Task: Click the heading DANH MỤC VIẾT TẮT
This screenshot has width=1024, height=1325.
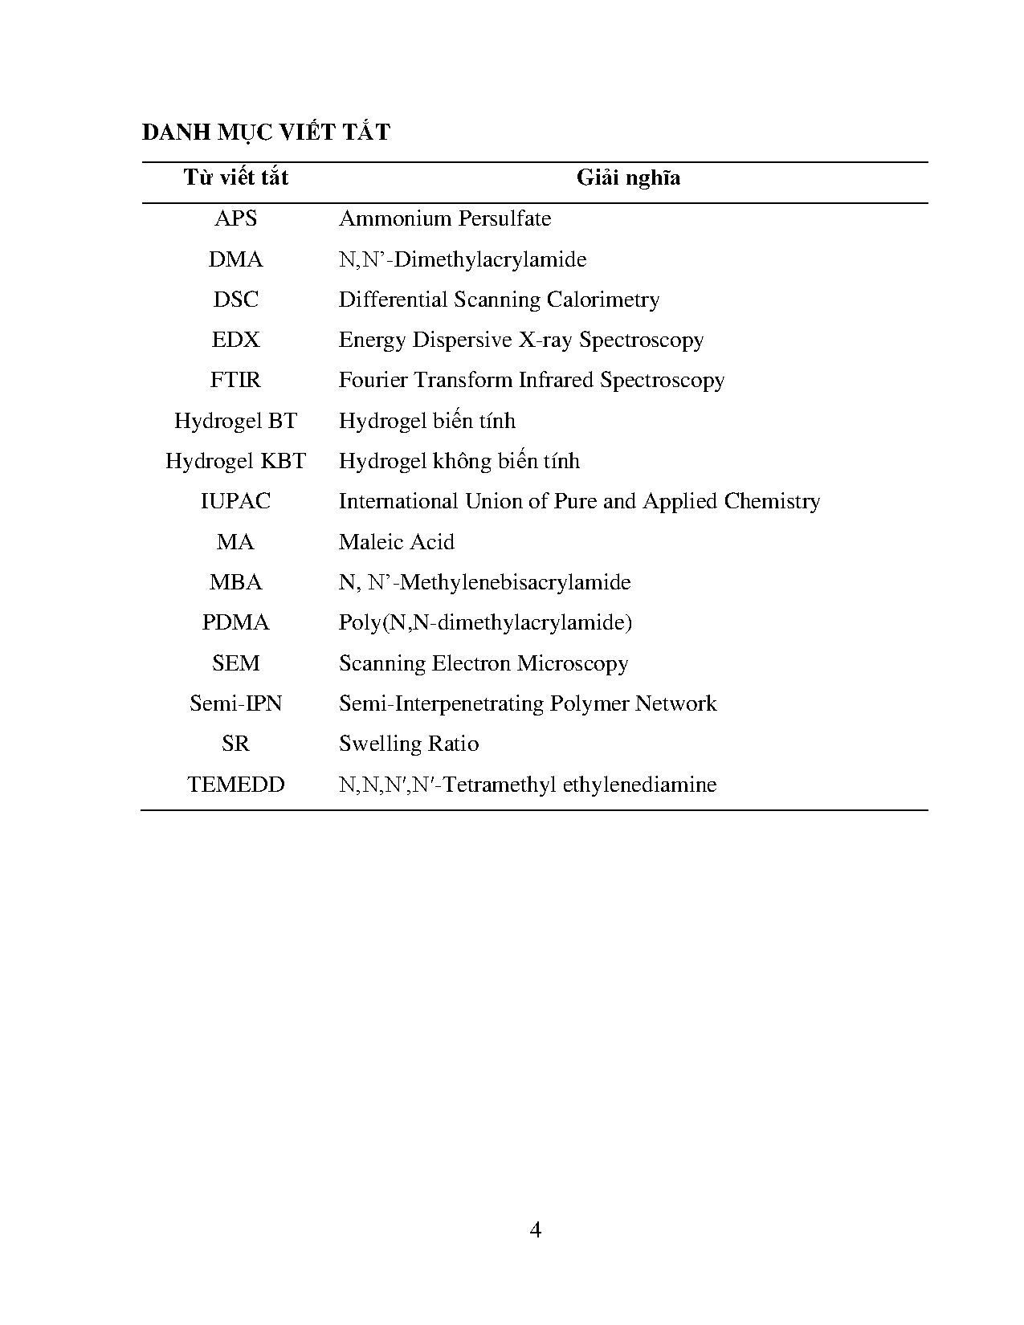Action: (x=266, y=132)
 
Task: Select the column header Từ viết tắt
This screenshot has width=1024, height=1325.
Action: (x=235, y=177)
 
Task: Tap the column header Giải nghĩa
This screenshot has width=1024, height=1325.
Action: (x=628, y=177)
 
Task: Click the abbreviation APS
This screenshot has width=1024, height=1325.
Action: (x=235, y=218)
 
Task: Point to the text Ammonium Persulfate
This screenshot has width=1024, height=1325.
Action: (x=445, y=218)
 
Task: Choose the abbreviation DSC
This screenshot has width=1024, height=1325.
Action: (x=235, y=300)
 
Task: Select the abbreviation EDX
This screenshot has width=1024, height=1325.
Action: (x=235, y=340)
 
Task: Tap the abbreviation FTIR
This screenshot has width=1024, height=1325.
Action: (x=235, y=380)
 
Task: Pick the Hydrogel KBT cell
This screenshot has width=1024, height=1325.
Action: (x=235, y=461)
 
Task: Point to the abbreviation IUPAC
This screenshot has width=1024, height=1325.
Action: (x=235, y=501)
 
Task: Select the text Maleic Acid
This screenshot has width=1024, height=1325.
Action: (x=397, y=542)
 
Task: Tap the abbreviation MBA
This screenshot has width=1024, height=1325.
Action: (x=235, y=582)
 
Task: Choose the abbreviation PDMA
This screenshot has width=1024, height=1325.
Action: (x=235, y=622)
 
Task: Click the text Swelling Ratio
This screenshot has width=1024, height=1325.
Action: (x=409, y=744)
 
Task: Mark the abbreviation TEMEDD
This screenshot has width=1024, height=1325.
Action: (x=235, y=785)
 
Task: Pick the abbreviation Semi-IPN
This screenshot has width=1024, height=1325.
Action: (x=235, y=703)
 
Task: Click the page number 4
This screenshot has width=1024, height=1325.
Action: (x=536, y=1229)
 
